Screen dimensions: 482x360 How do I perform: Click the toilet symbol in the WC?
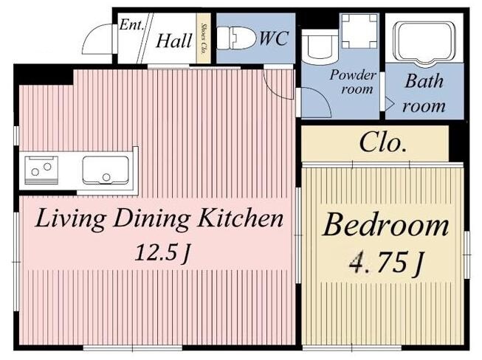[236, 38]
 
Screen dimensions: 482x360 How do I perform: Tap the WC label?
[274, 38]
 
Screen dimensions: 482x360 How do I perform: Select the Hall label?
[174, 41]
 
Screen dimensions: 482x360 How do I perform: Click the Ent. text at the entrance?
[131, 24]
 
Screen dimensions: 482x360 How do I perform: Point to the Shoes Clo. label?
[203, 38]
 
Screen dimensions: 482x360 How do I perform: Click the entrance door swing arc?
[92, 34]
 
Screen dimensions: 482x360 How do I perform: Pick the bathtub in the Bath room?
[425, 43]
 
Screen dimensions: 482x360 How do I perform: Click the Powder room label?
[353, 82]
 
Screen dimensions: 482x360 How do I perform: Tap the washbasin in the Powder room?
[320, 46]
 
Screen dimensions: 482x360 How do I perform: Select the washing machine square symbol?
[359, 31]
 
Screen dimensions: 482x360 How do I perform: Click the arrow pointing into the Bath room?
[389, 104]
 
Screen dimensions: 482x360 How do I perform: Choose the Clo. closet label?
[382, 143]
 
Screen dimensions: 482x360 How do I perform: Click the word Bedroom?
[385, 226]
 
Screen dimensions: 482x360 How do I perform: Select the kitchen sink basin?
[106, 170]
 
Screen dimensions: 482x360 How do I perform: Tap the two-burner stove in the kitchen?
[41, 170]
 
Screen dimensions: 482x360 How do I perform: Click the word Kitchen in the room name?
[240, 218]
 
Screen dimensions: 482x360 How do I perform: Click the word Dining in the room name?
[151, 219]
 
